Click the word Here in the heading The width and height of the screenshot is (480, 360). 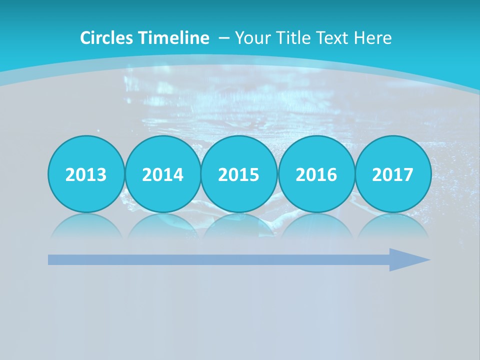click(374, 37)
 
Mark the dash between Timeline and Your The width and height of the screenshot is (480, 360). click(224, 37)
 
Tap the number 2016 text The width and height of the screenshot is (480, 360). click(316, 175)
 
